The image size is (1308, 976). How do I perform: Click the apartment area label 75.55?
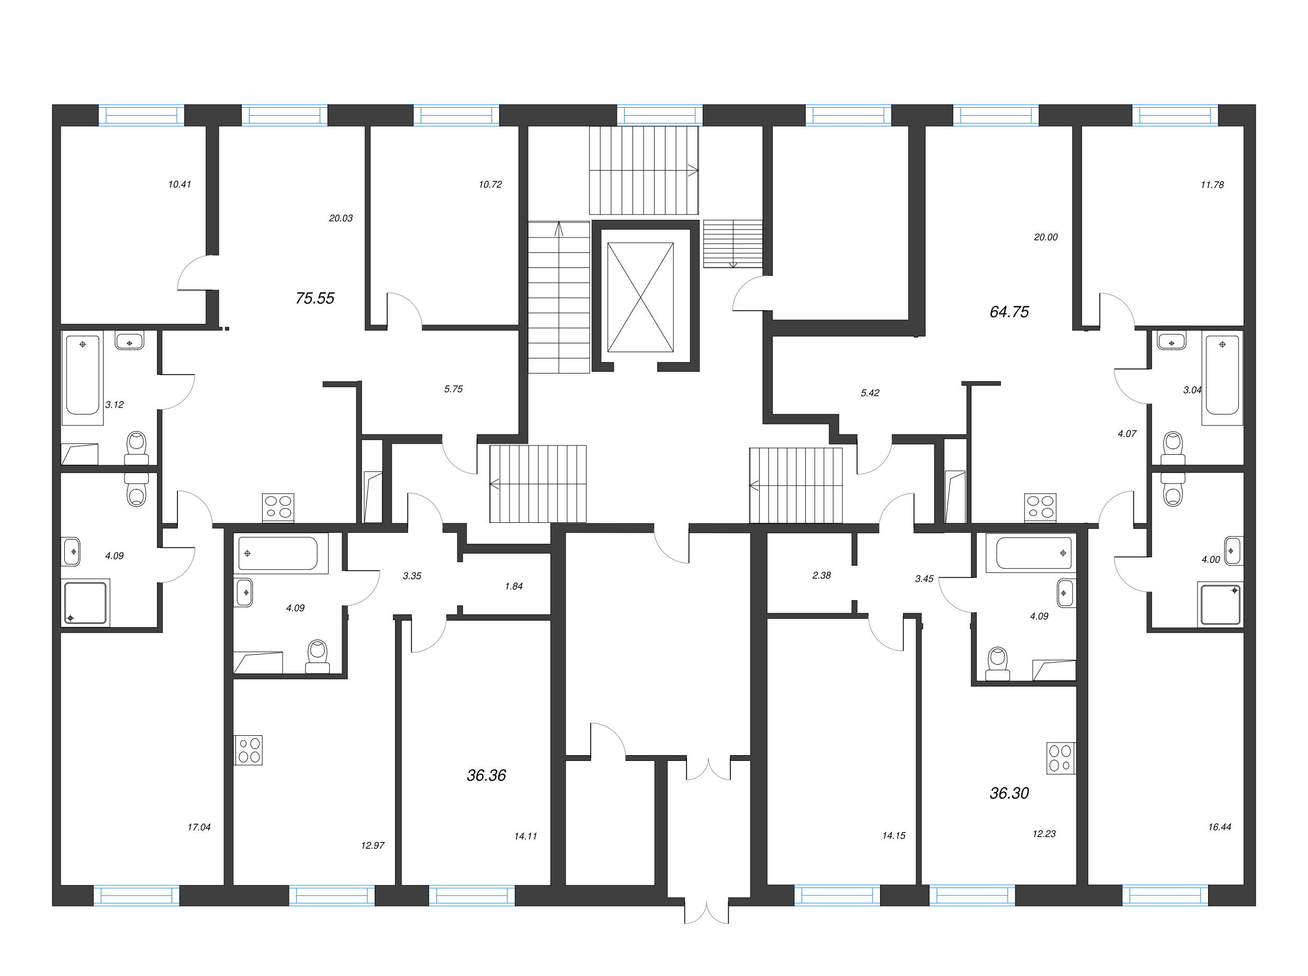(315, 298)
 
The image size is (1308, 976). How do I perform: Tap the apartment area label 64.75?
(1009, 312)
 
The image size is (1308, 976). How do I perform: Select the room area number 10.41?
(179, 184)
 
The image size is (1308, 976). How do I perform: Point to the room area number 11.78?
(1212, 185)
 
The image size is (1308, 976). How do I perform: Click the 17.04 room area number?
(199, 827)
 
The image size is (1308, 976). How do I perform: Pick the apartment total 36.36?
(486, 775)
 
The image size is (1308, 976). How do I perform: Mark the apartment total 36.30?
(1009, 793)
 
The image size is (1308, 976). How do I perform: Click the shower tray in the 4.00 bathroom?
(1220, 604)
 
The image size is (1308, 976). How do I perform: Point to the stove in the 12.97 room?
(249, 750)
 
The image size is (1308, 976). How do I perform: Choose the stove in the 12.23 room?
(1061, 758)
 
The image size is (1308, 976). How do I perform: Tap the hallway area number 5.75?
(453, 389)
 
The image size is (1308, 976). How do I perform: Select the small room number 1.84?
(513, 586)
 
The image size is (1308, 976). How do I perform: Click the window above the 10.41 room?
(141, 115)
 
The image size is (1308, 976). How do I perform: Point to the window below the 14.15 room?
(837, 895)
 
